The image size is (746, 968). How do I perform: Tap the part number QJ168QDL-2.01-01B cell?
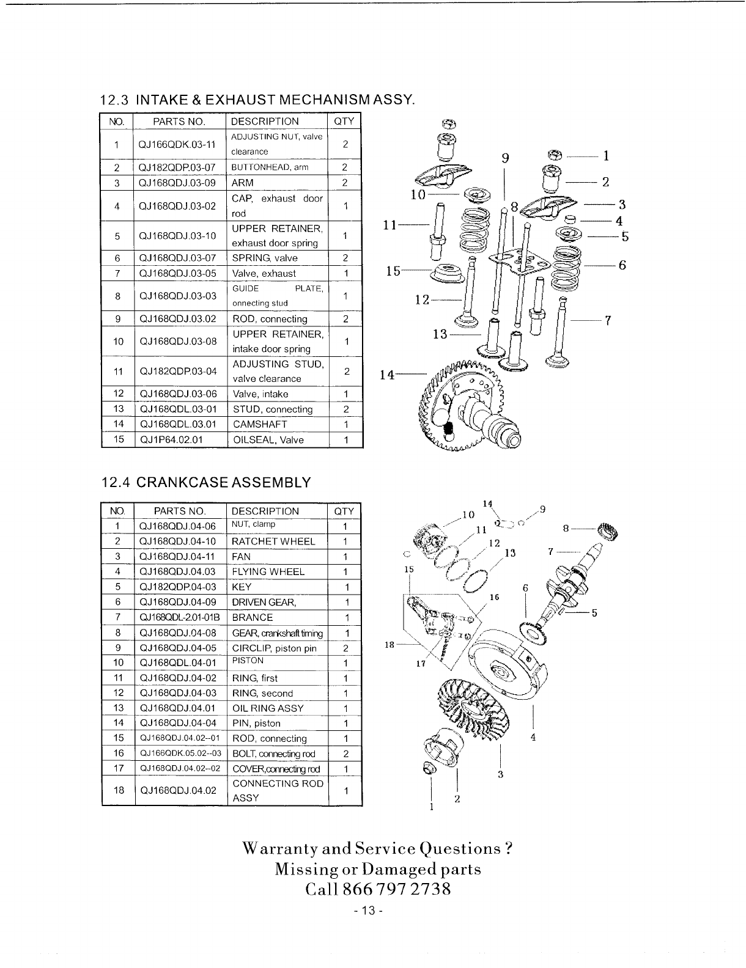point(178,618)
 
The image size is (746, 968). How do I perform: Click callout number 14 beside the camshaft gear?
point(386,375)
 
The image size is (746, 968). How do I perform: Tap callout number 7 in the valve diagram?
point(608,320)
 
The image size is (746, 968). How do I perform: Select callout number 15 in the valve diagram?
point(393,271)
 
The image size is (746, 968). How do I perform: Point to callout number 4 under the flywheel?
point(533,737)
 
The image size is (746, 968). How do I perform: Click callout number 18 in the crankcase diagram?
point(388,645)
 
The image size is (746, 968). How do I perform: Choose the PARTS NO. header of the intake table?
point(179,121)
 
